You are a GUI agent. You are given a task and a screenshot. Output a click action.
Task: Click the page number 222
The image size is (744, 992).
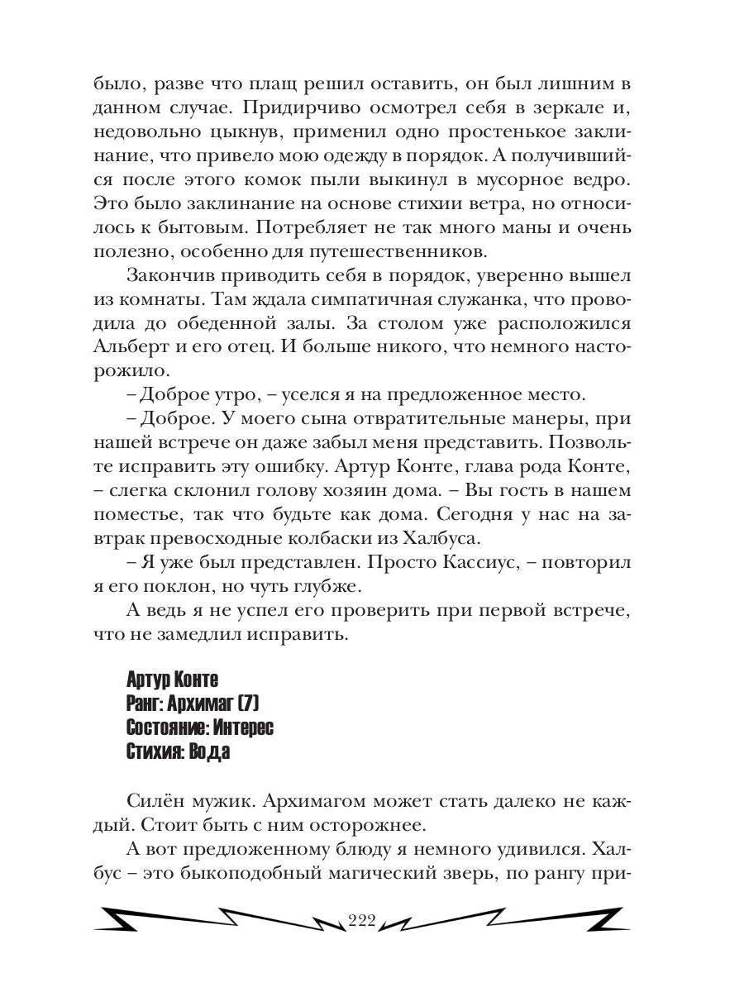click(x=362, y=923)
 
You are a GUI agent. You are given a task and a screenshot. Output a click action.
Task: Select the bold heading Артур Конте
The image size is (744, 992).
click(x=173, y=680)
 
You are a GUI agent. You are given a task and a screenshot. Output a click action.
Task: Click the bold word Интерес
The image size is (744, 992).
click(x=243, y=728)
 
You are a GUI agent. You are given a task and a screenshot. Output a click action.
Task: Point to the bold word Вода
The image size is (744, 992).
click(x=209, y=752)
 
